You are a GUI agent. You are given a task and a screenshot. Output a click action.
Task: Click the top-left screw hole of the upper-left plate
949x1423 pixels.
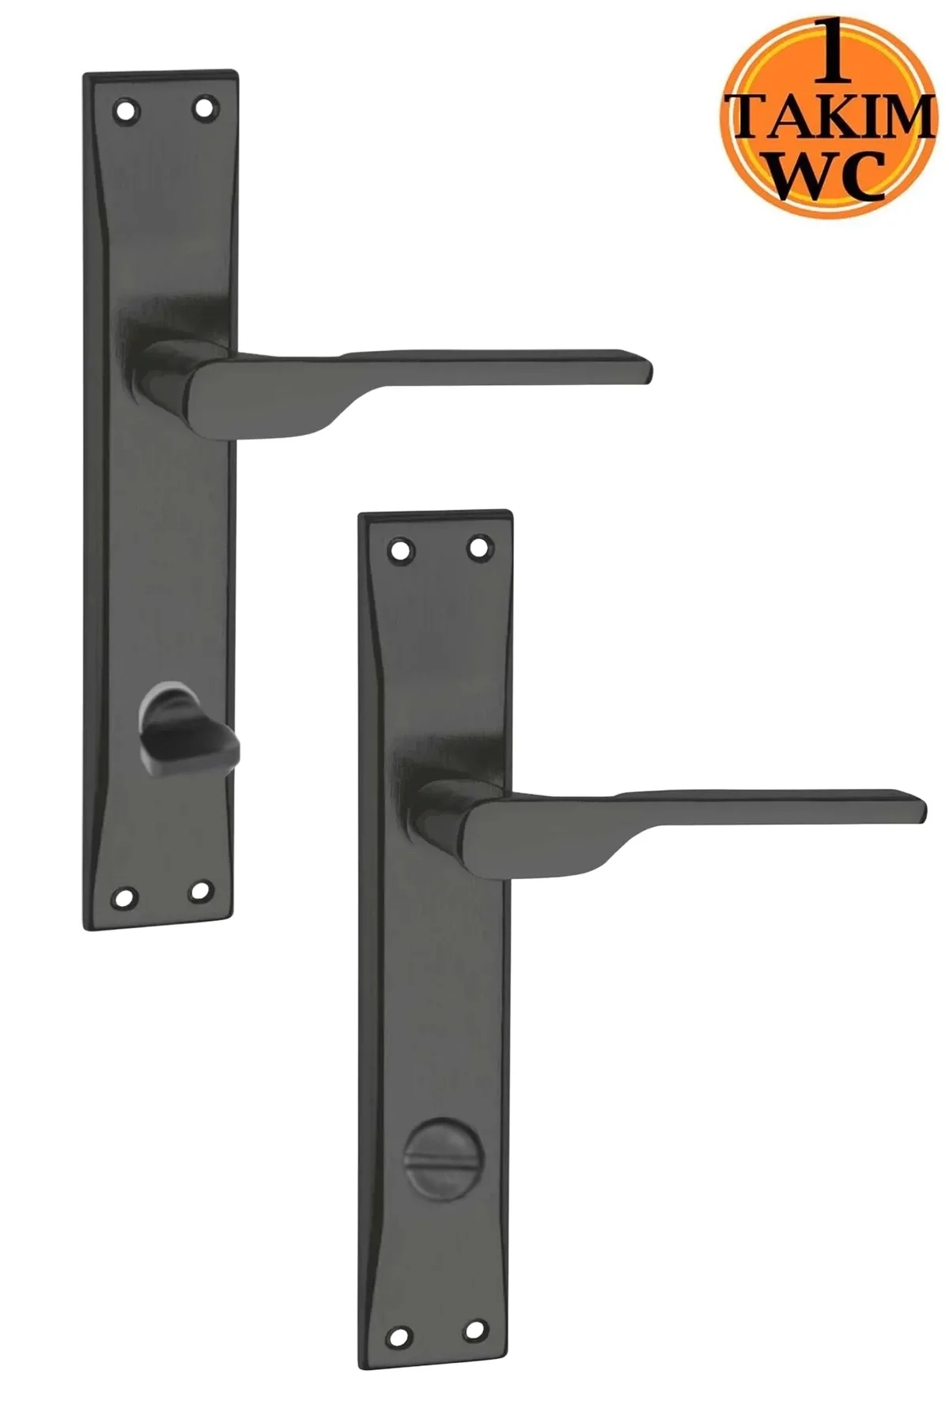[x=124, y=108]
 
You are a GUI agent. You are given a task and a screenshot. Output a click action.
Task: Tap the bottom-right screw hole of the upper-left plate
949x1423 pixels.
[x=201, y=892]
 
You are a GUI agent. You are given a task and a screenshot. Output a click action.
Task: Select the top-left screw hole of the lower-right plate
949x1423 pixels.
[x=399, y=549]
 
